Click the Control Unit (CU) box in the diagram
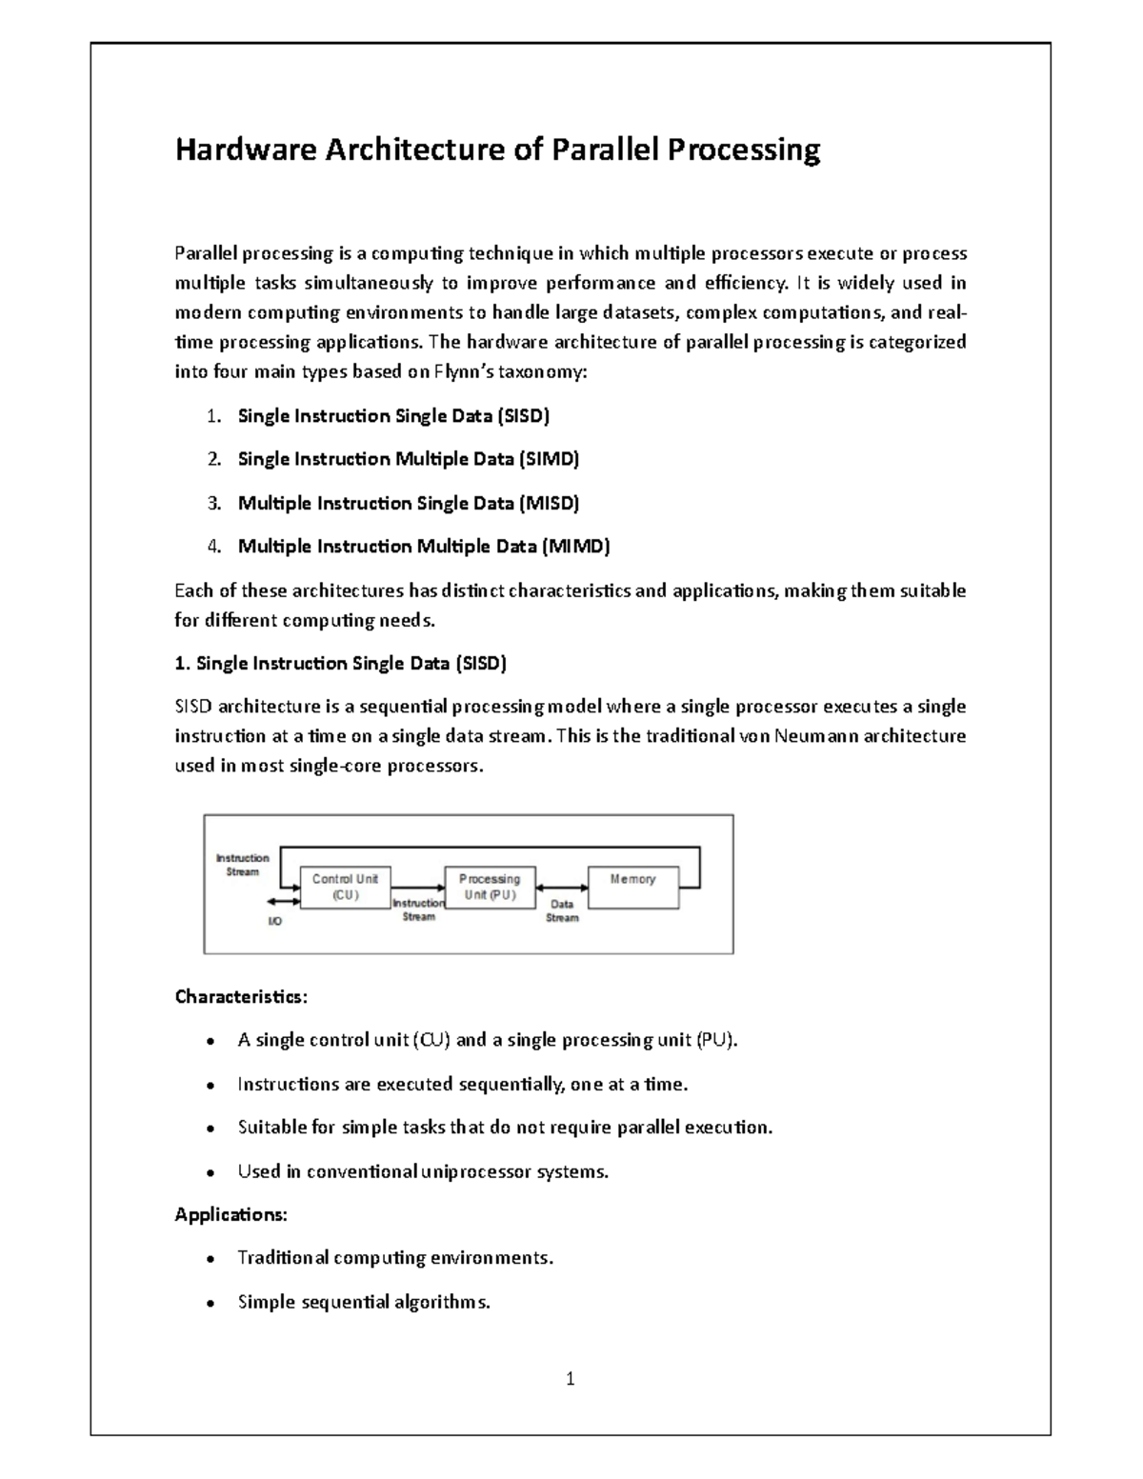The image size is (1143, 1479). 345,887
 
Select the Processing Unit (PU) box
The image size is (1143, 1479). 490,887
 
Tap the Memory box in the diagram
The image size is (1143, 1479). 633,887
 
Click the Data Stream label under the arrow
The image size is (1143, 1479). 562,911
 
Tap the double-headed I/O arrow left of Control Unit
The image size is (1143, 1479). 283,900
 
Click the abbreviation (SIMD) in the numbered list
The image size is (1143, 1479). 549,459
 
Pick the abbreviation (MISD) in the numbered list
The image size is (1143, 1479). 549,503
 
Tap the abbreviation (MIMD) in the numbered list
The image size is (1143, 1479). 575,547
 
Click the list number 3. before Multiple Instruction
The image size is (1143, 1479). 214,503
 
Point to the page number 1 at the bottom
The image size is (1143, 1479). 570,1378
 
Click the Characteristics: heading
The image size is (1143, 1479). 241,997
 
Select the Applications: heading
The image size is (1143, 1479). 231,1215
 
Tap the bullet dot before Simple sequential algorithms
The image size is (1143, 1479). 209,1303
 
